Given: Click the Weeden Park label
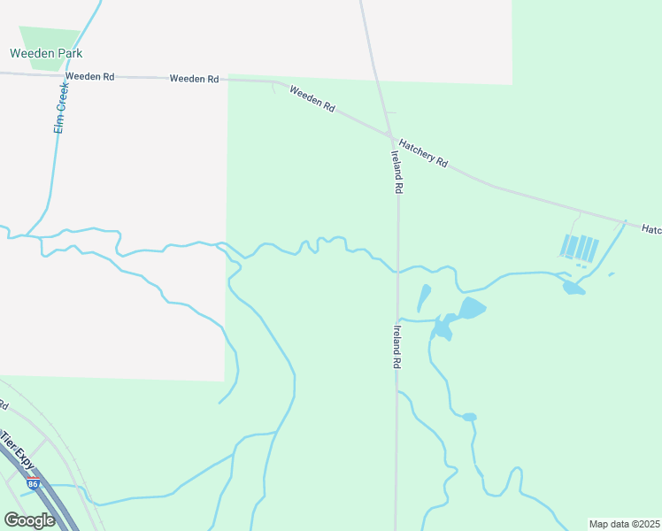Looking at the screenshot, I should click(x=45, y=53).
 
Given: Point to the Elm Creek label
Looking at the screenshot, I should click(x=61, y=109).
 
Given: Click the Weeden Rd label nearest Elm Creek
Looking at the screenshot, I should click(x=89, y=77).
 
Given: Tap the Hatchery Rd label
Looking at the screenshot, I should click(x=424, y=153).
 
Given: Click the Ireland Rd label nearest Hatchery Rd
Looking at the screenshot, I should click(x=397, y=171).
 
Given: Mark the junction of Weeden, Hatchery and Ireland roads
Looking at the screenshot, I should click(x=389, y=135).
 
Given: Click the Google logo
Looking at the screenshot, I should click(x=29, y=519).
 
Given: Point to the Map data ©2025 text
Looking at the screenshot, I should click(x=624, y=524).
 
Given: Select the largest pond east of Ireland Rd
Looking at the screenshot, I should click(x=472, y=308).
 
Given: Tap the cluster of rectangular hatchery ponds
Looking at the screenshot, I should click(x=581, y=247).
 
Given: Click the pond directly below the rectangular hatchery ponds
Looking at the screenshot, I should click(x=573, y=287).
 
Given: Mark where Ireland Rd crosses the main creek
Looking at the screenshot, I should click(x=398, y=271).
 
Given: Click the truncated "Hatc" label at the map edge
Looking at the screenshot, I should click(x=651, y=230).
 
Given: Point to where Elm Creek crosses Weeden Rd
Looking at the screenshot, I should click(x=67, y=75).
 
